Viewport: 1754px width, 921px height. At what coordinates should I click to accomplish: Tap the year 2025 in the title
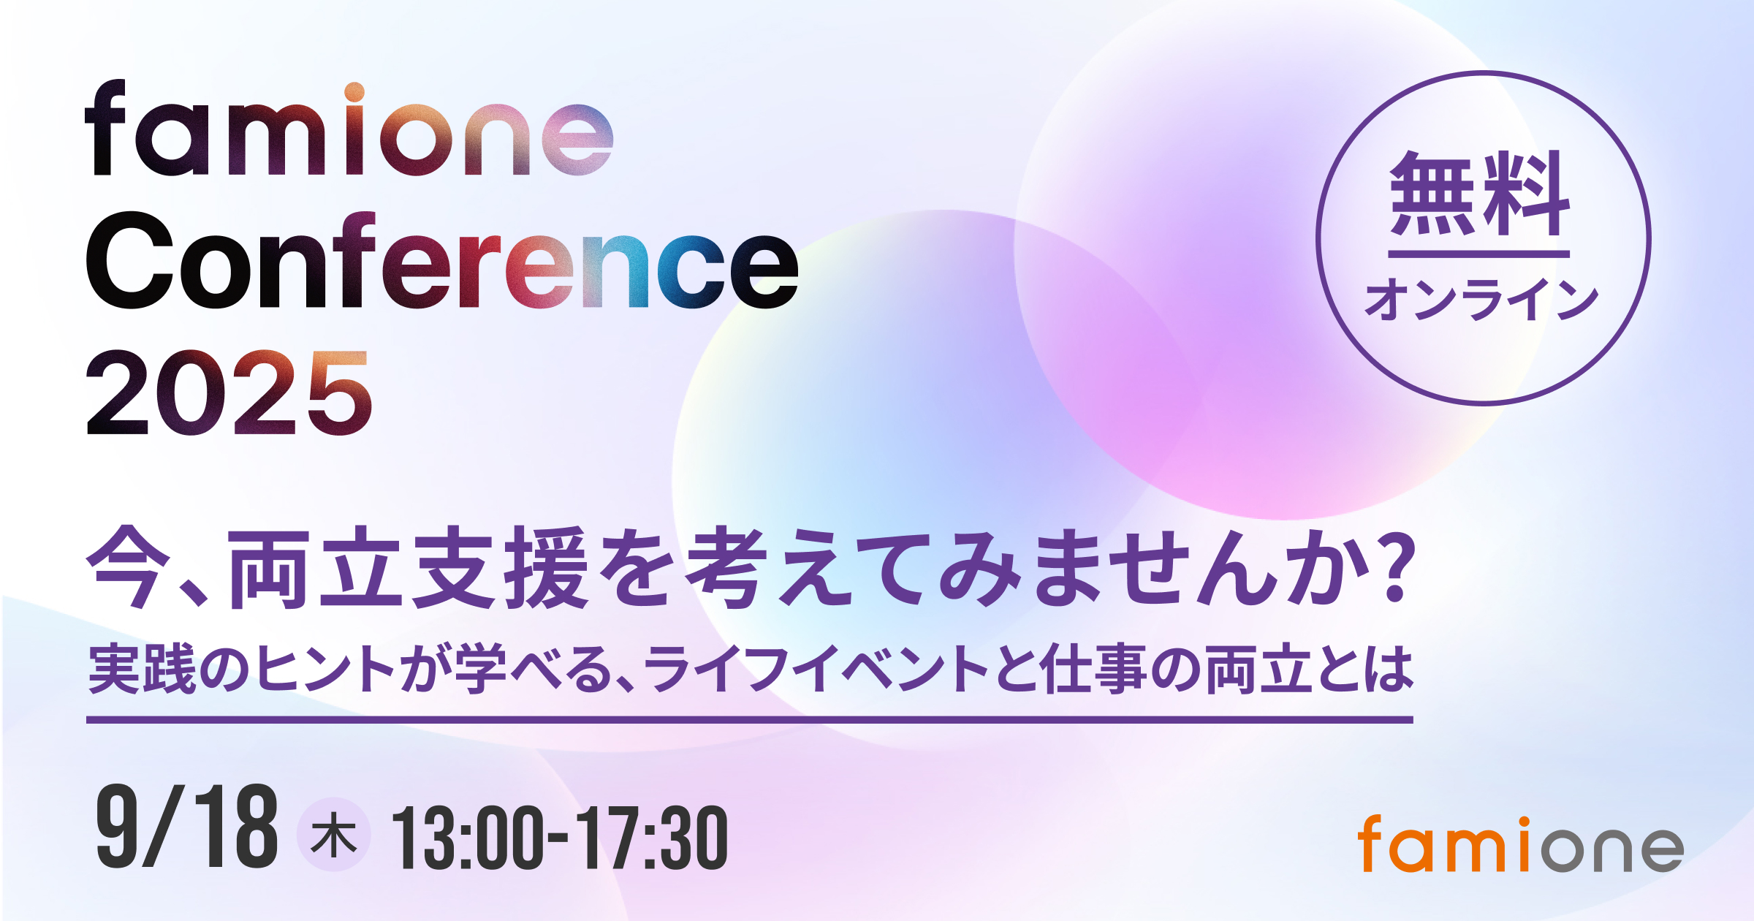[x=229, y=393]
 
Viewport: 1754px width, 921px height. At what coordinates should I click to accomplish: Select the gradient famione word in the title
[x=349, y=128]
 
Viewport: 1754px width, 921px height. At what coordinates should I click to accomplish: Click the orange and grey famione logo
[x=1521, y=844]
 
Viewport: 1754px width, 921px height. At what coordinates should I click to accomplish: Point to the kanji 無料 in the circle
[x=1480, y=194]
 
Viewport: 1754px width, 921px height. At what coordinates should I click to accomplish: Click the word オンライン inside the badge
[x=1481, y=299]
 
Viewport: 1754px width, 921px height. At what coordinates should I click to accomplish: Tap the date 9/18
[x=187, y=827]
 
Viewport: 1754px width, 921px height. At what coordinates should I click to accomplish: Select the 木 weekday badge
[x=333, y=835]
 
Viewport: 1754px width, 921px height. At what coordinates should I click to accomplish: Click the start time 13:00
[x=468, y=838]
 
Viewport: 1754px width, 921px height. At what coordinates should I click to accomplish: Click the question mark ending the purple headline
[x=1392, y=566]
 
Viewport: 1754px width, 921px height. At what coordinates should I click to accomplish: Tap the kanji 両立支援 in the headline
[x=409, y=567]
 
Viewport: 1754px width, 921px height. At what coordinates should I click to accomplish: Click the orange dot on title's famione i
[x=354, y=92]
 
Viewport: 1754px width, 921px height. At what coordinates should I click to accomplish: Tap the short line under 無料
[x=1479, y=254]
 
